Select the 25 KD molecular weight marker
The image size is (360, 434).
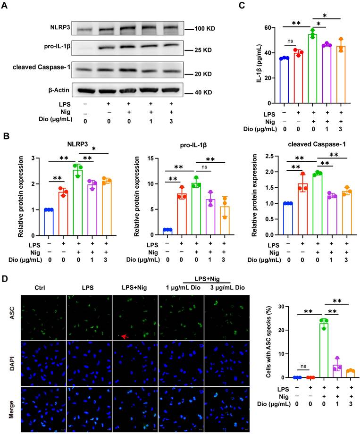[x=202, y=49]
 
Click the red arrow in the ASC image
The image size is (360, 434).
[x=124, y=336]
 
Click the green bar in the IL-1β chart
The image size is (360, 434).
[x=312, y=68]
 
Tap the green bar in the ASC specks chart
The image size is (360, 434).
[x=310, y=350]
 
